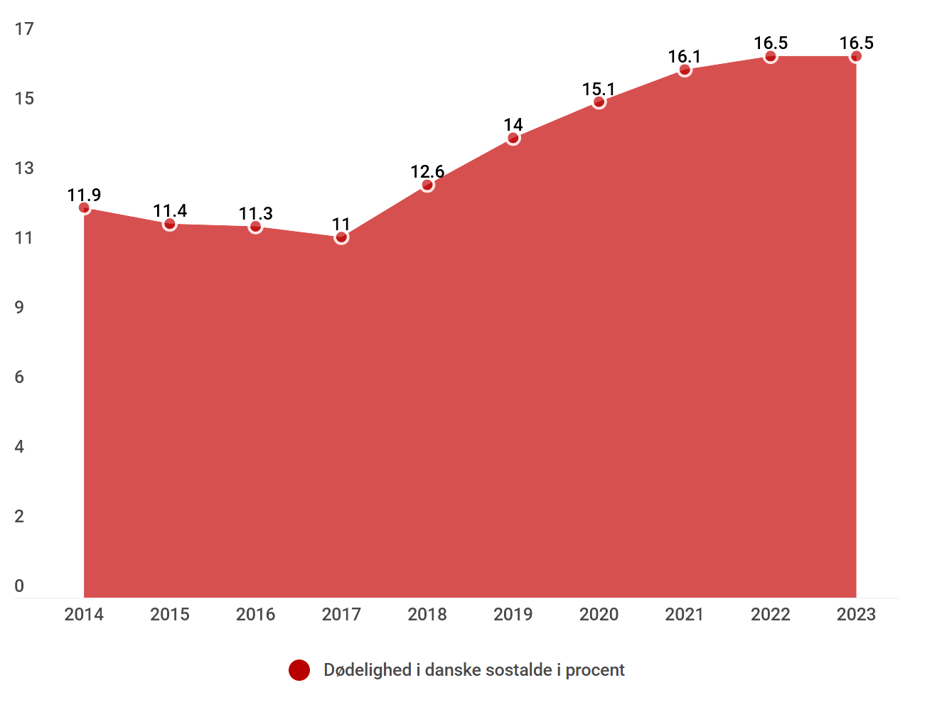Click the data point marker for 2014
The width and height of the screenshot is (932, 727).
click(84, 208)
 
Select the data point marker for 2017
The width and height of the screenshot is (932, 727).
click(341, 237)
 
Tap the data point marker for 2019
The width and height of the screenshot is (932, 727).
click(513, 138)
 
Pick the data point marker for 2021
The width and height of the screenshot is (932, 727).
click(685, 70)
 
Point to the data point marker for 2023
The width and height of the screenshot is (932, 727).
click(856, 56)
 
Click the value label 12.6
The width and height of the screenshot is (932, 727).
click(427, 171)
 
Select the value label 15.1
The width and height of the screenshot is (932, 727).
click(599, 89)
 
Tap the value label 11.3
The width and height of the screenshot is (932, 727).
click(255, 213)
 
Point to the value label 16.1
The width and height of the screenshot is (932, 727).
click(685, 56)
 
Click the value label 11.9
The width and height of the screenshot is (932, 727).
click(84, 195)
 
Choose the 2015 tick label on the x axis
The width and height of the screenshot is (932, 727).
click(170, 615)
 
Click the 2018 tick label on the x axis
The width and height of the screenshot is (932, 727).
click(427, 615)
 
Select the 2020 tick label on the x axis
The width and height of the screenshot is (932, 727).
click(599, 615)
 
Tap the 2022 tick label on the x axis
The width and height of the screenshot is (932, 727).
click(771, 615)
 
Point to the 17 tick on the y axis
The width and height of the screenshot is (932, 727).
click(24, 28)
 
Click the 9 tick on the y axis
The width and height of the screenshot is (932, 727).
click(19, 307)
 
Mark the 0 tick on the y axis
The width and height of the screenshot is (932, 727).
click(19, 586)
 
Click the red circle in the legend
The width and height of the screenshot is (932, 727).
click(299, 670)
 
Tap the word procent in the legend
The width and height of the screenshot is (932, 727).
click(595, 670)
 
